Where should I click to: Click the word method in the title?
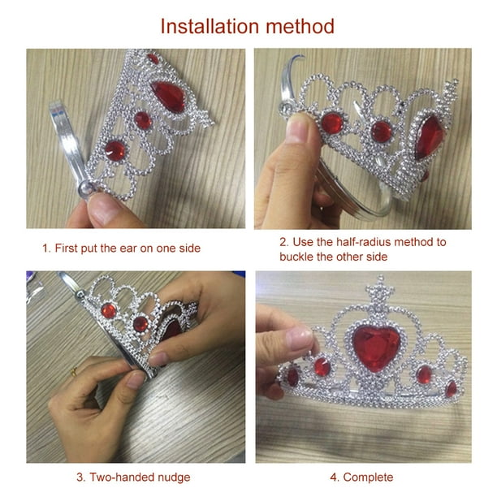point(300,26)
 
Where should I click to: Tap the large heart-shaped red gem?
point(376,348)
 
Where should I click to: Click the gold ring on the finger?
point(74,371)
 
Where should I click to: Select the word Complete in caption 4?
point(368,477)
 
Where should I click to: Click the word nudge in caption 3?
point(174,478)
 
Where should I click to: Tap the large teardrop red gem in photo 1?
point(169,96)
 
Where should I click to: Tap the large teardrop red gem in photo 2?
point(429,137)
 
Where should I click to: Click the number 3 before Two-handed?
point(80,478)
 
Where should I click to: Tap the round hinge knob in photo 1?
point(85,188)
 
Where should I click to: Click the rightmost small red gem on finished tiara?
point(451,389)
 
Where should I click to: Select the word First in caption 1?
point(66,248)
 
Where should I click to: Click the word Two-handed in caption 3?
point(122,478)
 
